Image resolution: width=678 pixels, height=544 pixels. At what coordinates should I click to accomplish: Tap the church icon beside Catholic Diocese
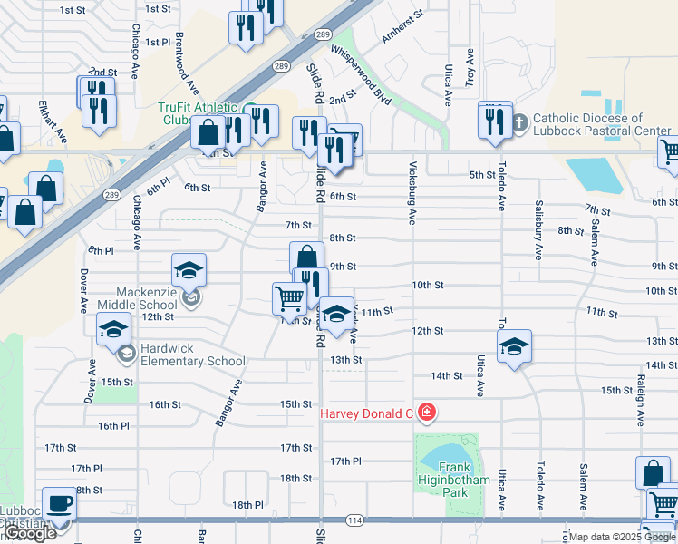tap(519, 122)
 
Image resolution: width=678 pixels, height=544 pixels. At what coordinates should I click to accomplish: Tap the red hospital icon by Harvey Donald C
tap(426, 413)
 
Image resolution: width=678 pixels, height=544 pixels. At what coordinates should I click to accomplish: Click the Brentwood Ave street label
tap(186, 63)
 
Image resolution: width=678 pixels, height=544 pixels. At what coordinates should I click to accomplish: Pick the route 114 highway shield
tap(354, 520)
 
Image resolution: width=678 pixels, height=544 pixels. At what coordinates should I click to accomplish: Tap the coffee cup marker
tap(60, 504)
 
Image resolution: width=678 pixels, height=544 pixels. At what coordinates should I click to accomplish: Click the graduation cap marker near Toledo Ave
tap(514, 346)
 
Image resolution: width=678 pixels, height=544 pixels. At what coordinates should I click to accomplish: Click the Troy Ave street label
tap(470, 67)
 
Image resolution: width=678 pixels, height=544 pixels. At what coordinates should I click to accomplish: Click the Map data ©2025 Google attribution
tap(621, 537)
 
